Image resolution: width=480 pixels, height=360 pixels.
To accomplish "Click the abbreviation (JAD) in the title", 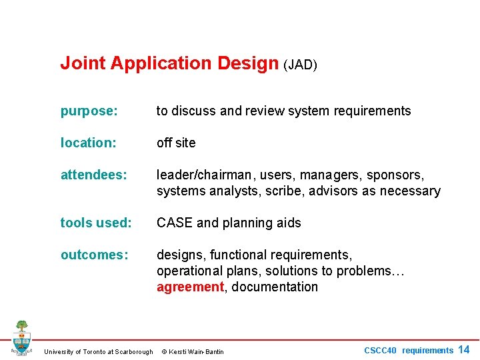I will [300, 65].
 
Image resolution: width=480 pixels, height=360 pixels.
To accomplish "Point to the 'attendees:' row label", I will [94, 175].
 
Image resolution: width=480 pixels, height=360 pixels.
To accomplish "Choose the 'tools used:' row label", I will [95, 223].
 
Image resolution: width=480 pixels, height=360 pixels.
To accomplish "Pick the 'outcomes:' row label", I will [94, 255].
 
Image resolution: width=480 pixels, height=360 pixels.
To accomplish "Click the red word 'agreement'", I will [190, 287].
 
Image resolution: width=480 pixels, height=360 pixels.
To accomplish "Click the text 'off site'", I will [176, 143].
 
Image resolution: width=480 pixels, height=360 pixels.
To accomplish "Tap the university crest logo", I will [21, 338].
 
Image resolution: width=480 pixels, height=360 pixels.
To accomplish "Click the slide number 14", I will [464, 350].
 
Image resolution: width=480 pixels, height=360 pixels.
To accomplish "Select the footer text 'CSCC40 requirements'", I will [408, 351].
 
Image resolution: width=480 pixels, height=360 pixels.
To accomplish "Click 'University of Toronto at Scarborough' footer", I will [98, 351].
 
